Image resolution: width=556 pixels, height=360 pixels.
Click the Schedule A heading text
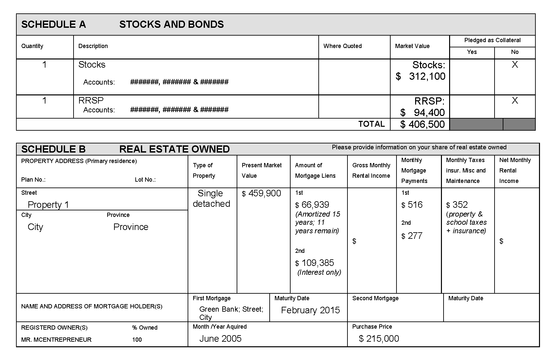pos(54,25)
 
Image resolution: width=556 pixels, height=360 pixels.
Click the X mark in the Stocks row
pos(514,65)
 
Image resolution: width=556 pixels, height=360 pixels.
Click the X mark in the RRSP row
pos(514,100)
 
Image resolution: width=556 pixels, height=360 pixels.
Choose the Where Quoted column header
pos(342,46)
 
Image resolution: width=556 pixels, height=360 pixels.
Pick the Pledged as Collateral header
pos(492,40)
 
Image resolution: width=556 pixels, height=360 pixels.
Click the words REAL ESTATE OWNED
pos(174,149)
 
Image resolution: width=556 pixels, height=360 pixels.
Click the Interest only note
pos(319,272)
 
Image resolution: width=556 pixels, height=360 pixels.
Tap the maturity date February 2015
pos(310,310)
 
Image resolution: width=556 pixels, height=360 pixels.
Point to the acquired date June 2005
pos(220,339)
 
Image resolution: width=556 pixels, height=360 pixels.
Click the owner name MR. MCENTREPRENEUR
pos(56,340)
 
